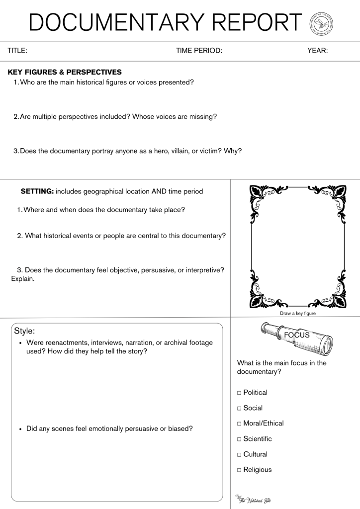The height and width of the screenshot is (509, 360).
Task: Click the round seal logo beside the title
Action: tap(321, 23)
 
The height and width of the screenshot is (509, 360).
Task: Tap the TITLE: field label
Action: tap(17, 51)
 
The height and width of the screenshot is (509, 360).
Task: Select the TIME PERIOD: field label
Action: tap(199, 51)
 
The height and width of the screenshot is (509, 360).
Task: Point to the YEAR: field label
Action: tap(317, 51)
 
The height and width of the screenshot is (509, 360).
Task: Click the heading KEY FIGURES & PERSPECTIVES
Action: tap(65, 72)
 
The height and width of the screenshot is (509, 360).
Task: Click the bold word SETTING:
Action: tap(37, 191)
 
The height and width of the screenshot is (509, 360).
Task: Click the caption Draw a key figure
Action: tap(298, 314)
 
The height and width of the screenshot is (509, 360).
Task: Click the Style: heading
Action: tap(24, 331)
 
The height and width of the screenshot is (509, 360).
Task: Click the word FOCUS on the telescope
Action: tap(297, 335)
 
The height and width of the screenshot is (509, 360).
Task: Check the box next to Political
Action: tap(239, 393)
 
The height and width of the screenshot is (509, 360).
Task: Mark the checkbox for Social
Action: tap(239, 408)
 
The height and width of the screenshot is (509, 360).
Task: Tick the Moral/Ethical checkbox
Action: tap(239, 424)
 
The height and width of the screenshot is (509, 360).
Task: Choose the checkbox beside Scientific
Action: tap(239, 439)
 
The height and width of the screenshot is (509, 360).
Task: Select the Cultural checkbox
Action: tap(239, 454)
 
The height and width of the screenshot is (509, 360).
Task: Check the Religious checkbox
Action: tap(239, 470)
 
